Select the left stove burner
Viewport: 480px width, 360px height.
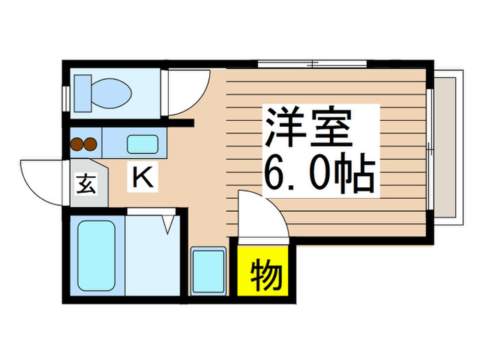(76, 144)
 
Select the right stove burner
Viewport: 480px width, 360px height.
(90, 144)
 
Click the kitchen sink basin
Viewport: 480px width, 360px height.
(143, 145)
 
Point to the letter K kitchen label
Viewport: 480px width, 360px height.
(142, 179)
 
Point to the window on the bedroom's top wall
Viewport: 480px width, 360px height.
(312, 64)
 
